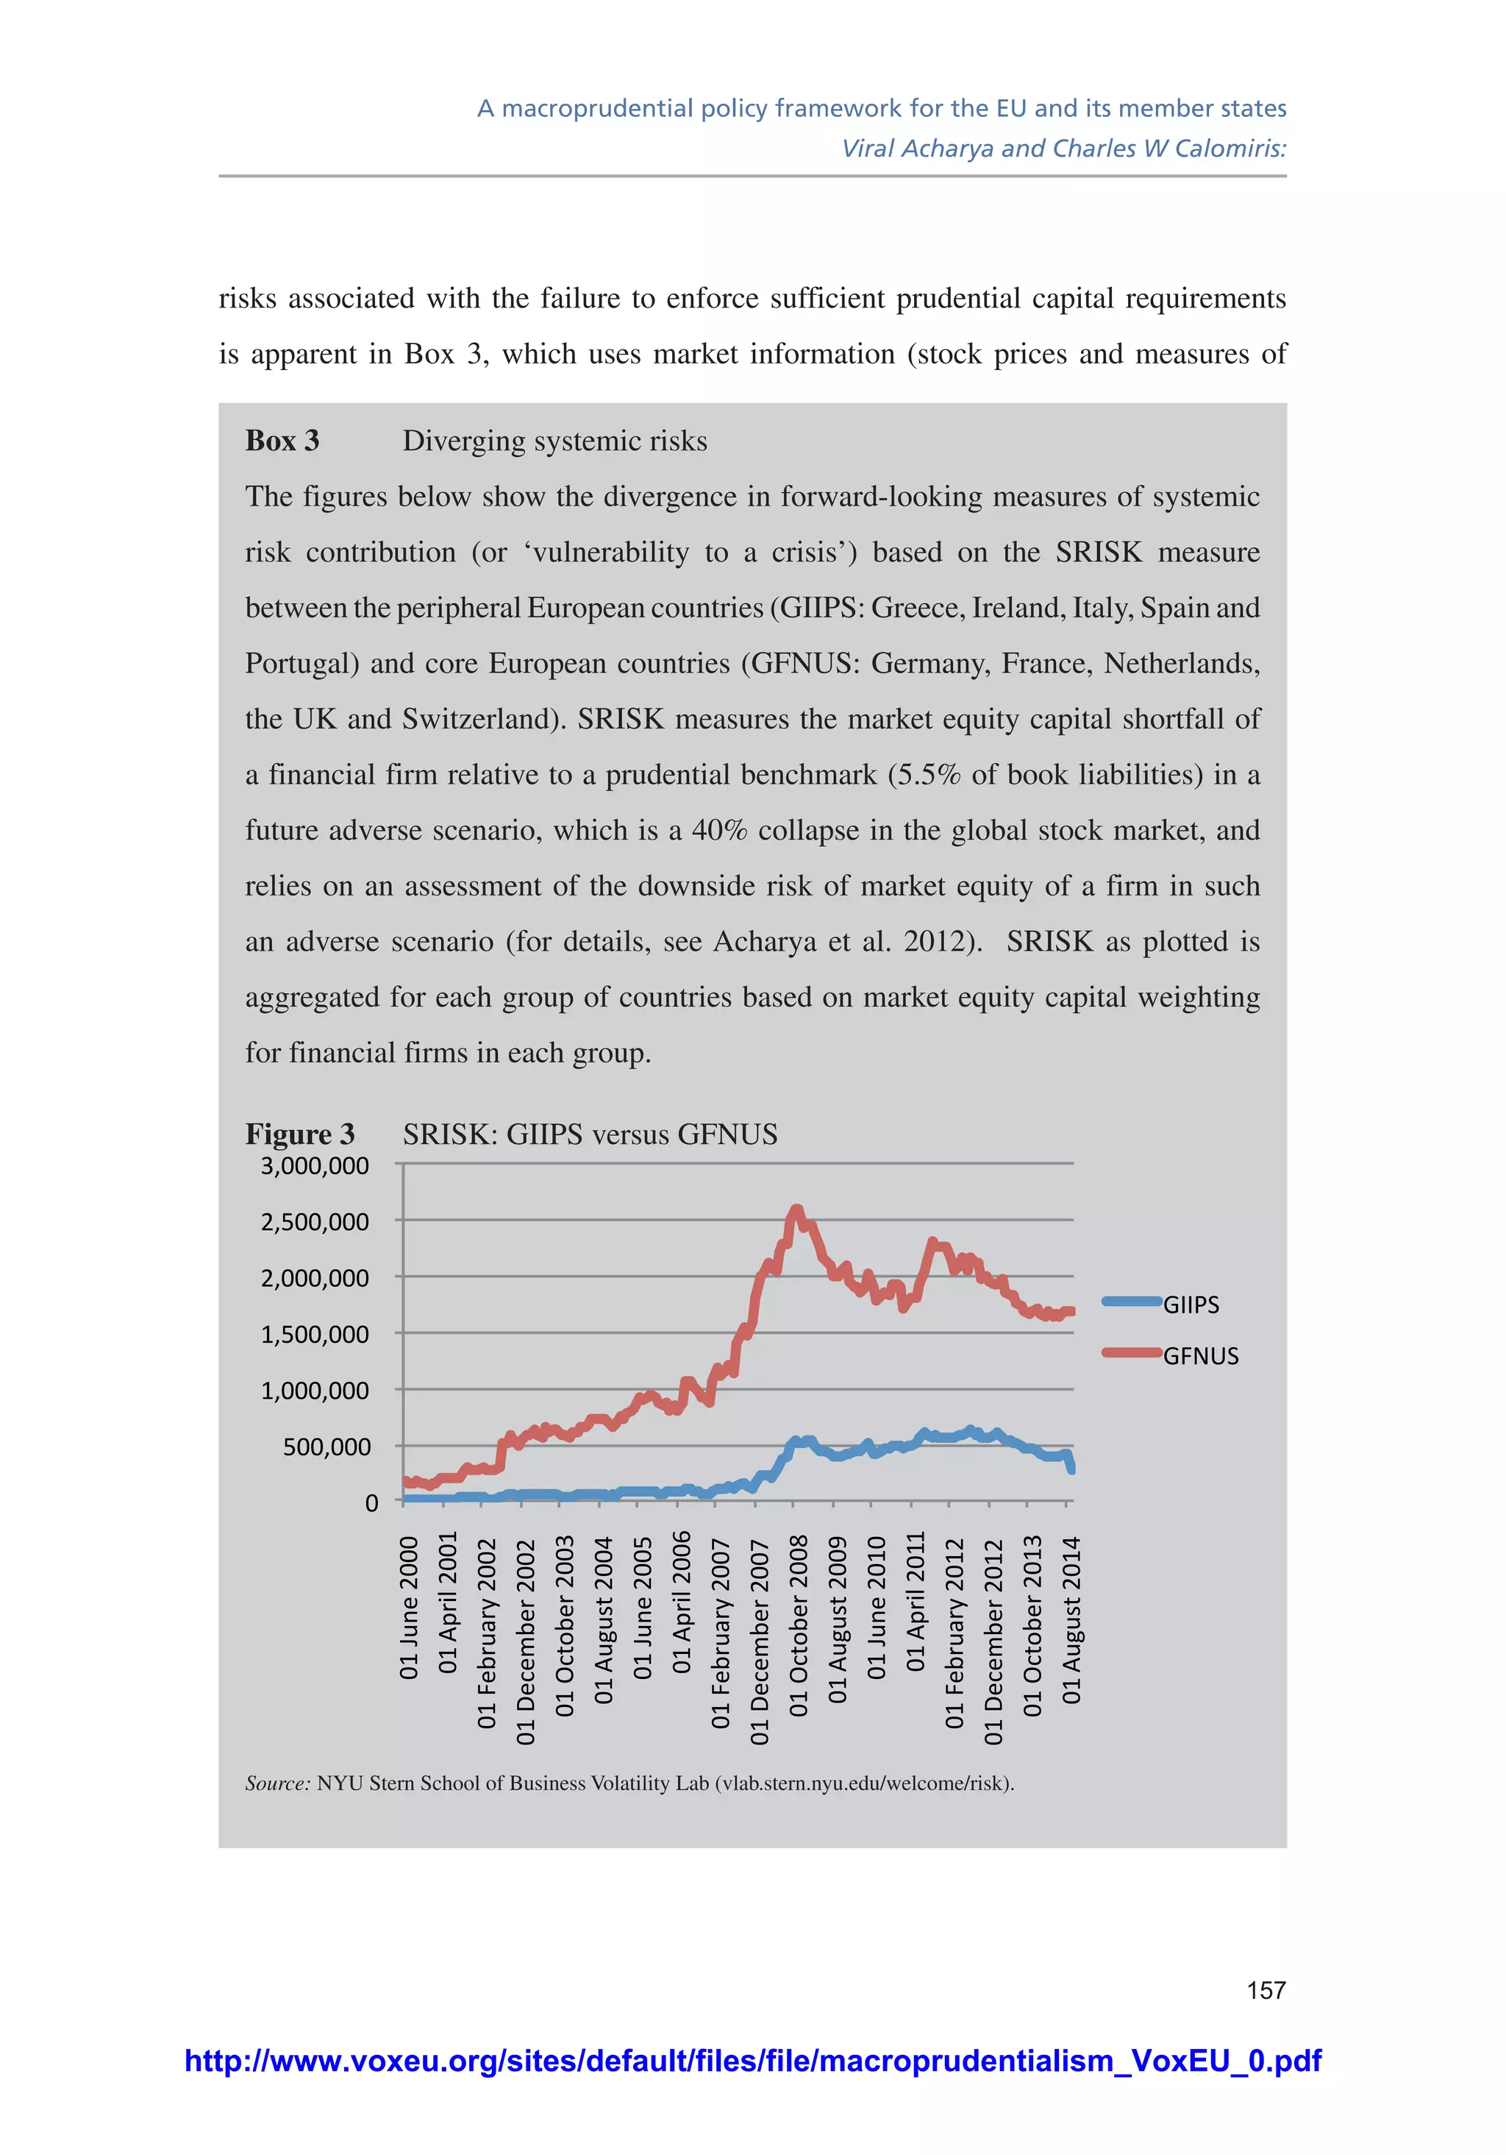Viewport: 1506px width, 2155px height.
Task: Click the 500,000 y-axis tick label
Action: tap(326, 1446)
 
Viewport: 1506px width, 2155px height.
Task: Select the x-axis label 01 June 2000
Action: tap(409, 1608)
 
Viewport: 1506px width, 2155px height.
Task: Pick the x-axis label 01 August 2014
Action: tap(1071, 1620)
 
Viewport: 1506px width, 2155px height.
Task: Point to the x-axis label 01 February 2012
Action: tap(954, 1633)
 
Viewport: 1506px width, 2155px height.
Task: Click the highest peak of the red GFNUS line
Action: tap(796, 1210)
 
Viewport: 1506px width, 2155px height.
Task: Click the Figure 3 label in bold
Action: tap(299, 1134)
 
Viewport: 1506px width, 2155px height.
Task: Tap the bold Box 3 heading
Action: tap(282, 440)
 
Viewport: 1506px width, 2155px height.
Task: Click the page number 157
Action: tap(1266, 1989)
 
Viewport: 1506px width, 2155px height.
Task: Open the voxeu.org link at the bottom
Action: tap(752, 2060)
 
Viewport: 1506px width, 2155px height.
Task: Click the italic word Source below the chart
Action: tap(276, 1783)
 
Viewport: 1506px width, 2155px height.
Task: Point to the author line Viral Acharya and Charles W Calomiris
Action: tap(1063, 149)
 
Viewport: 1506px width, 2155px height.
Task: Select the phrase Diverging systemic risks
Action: tap(554, 440)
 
